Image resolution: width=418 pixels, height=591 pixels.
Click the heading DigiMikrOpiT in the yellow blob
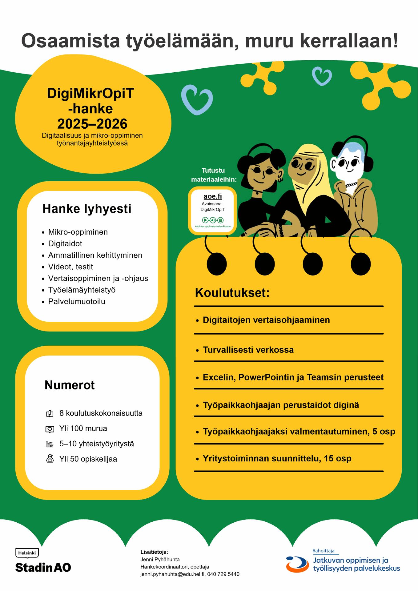coord(90,93)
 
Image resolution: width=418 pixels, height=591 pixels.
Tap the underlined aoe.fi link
coord(213,196)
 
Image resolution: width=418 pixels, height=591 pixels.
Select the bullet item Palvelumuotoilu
coord(77,302)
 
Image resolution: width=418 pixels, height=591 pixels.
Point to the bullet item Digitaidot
coord(65,244)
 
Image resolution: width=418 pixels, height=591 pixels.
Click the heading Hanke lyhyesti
coord(87,209)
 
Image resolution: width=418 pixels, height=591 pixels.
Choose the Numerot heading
coord(70,385)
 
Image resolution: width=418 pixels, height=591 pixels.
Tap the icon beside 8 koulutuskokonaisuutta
coord(50,413)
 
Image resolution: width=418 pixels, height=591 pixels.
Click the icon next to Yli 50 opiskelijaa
coord(50,459)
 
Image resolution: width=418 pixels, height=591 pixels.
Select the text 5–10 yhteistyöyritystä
coord(97,444)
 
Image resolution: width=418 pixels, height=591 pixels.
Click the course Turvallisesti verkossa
coord(248,350)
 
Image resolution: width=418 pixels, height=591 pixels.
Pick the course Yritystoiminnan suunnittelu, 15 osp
coord(277,459)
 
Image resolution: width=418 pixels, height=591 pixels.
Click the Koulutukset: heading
coord(232,293)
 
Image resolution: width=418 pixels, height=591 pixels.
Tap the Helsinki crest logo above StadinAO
coord(27,553)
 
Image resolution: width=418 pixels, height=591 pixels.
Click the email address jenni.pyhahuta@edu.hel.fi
coord(172,574)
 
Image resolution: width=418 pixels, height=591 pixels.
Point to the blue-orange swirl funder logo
coord(297,564)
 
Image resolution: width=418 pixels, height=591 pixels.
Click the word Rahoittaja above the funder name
coord(323,551)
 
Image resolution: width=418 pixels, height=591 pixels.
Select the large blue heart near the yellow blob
coord(197,99)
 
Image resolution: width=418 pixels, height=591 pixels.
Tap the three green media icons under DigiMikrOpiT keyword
coord(213,220)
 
